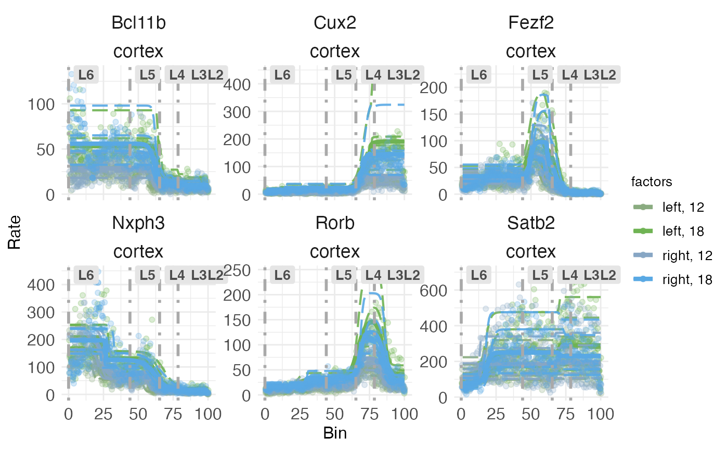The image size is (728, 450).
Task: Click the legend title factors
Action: click(x=649, y=182)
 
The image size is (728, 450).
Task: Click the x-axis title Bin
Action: click(x=335, y=433)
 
